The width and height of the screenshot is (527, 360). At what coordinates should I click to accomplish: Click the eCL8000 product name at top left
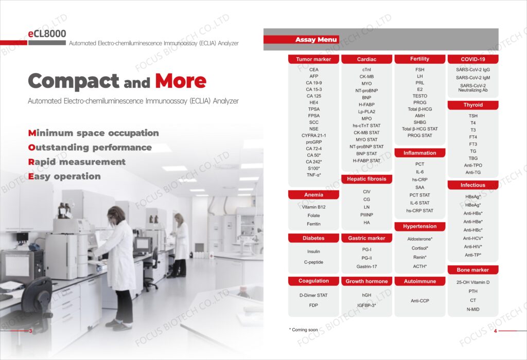pyautogui.click(x=47, y=33)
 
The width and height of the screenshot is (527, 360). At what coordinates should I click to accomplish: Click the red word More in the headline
pyautogui.click(x=181, y=81)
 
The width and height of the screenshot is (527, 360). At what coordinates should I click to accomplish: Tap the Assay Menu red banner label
pyautogui.click(x=316, y=40)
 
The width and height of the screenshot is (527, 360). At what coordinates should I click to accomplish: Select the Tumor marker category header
pyautogui.click(x=313, y=59)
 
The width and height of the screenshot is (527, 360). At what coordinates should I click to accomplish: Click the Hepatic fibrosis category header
pyautogui.click(x=366, y=179)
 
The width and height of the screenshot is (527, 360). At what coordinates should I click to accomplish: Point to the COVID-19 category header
pyautogui.click(x=473, y=59)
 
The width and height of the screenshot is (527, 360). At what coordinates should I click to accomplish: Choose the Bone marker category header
pyautogui.click(x=473, y=269)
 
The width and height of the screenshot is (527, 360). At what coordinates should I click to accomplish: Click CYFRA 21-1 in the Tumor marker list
pyautogui.click(x=313, y=135)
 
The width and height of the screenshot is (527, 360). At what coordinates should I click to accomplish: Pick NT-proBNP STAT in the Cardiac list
pyautogui.click(x=366, y=147)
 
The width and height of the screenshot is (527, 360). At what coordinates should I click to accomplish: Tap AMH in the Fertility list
pyautogui.click(x=420, y=116)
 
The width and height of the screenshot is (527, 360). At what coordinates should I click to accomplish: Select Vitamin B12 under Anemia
pyautogui.click(x=313, y=207)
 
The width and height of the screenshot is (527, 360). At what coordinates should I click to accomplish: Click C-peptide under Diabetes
pyautogui.click(x=313, y=262)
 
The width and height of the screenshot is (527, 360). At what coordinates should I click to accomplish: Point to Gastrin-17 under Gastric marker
pyautogui.click(x=366, y=266)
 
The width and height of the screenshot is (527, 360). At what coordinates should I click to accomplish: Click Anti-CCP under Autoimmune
pyautogui.click(x=420, y=300)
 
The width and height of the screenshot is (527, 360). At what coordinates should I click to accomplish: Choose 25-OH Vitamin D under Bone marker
pyautogui.click(x=473, y=282)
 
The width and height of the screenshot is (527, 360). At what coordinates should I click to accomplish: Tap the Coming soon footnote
pyautogui.click(x=304, y=330)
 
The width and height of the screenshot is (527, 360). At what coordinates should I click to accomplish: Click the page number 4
pyautogui.click(x=495, y=331)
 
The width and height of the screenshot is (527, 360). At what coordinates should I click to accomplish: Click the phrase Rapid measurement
pyautogui.click(x=77, y=162)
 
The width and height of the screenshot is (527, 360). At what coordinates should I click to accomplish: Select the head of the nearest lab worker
pyautogui.click(x=116, y=214)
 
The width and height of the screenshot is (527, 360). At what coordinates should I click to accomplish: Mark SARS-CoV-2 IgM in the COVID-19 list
pyautogui.click(x=473, y=78)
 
